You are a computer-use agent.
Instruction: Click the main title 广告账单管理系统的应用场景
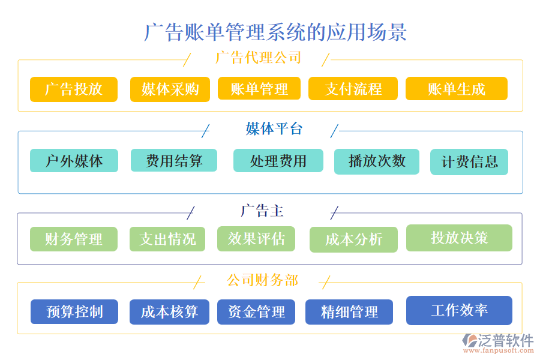[x=275, y=32]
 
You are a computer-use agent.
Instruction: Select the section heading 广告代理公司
[x=258, y=58]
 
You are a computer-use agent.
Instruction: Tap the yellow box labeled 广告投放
[x=74, y=89]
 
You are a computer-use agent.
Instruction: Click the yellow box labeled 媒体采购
[x=170, y=89]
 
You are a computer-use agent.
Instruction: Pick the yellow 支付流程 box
[x=353, y=89]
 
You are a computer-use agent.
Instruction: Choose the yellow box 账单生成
[x=456, y=89]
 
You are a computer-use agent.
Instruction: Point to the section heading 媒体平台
[x=274, y=128]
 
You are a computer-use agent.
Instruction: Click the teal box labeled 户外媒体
[x=74, y=161]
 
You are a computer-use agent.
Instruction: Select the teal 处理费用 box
[x=278, y=161]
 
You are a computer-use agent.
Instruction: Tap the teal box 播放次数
[x=377, y=161]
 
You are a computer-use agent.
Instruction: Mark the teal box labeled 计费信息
[x=469, y=162]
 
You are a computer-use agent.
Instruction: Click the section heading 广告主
[x=262, y=211]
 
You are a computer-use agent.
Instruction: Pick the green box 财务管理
[x=74, y=239]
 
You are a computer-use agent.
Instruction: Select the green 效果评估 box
[x=256, y=239]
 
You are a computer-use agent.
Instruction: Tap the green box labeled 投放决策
[x=459, y=238]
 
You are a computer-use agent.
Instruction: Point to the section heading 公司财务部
[x=262, y=280]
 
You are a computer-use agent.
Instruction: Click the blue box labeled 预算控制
[x=74, y=312]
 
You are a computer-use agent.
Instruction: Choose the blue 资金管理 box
[x=256, y=312]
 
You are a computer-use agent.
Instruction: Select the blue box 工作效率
[x=459, y=310]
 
